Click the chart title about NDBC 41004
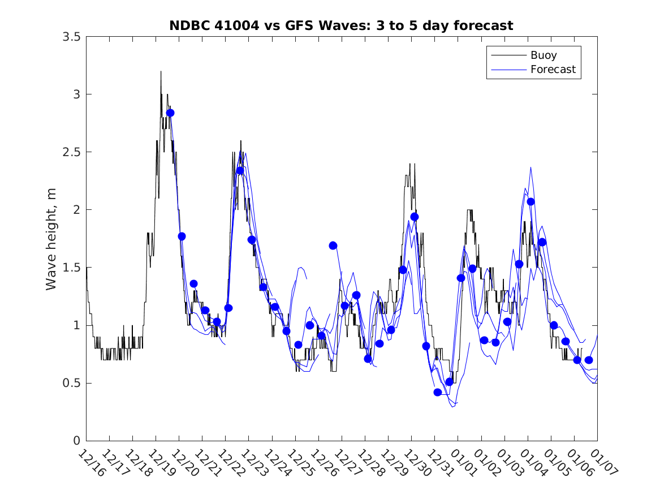pyautogui.click(x=341, y=25)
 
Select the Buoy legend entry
pyautogui.click(x=543, y=55)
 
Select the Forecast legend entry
pyautogui.click(x=553, y=70)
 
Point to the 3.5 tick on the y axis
pyautogui.click(x=71, y=37)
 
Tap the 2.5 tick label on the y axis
pyautogui.click(x=71, y=152)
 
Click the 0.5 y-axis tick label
pyautogui.click(x=71, y=383)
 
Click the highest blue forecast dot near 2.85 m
pyautogui.click(x=170, y=113)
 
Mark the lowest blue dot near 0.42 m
pyautogui.click(x=437, y=392)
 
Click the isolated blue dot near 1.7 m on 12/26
pyautogui.click(x=333, y=246)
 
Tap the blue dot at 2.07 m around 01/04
pyautogui.click(x=530, y=201)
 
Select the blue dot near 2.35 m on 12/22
pyautogui.click(x=240, y=170)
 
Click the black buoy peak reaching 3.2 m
pyautogui.click(x=161, y=72)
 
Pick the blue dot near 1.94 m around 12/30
pyautogui.click(x=415, y=217)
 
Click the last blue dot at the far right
pyautogui.click(x=589, y=360)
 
